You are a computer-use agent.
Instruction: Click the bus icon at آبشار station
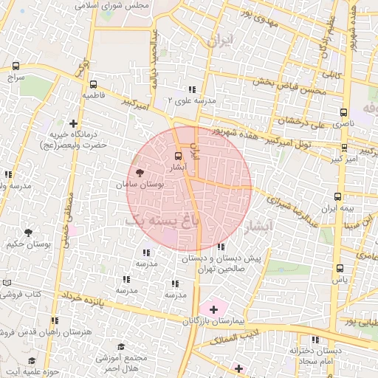[x=177, y=157]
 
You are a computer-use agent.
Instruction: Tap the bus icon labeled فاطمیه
[x=93, y=85]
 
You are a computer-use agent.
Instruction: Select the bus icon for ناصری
[x=343, y=112]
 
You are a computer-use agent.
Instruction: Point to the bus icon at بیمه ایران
[x=338, y=196]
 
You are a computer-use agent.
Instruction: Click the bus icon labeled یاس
[x=340, y=269]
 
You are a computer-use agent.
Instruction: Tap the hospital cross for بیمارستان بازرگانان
[x=214, y=309]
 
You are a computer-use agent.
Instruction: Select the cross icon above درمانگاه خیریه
[x=72, y=123]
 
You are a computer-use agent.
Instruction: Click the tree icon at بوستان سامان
[x=140, y=171]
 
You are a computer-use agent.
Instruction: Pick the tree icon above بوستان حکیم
[x=28, y=232]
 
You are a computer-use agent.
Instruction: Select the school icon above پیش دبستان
[x=222, y=247]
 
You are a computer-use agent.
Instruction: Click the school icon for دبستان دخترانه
[x=316, y=340]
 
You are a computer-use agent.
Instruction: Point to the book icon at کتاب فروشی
[x=7, y=283]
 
